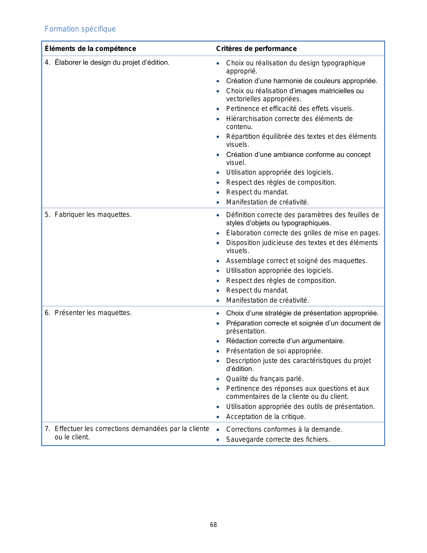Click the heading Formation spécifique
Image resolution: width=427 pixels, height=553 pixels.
pos(80,29)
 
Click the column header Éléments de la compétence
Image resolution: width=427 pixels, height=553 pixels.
pos(90,49)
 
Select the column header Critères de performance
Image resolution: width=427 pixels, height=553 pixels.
pos(256,49)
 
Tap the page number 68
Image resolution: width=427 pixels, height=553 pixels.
pos(213,525)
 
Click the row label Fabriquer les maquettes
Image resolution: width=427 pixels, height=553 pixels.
pos(93,214)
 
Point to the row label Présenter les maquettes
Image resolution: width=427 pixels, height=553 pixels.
pos(93,313)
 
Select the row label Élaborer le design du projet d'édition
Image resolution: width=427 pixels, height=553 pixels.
pos(112,62)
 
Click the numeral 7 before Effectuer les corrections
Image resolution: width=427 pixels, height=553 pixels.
pos(47,429)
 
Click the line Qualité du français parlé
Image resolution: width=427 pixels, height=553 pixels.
pos(265,379)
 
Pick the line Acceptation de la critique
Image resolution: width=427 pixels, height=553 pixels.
pos(266,417)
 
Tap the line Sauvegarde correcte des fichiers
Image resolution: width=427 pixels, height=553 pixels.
pos(278,439)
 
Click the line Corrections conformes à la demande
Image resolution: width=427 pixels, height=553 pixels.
pos(284,429)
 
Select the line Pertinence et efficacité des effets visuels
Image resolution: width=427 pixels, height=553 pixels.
pos(290,109)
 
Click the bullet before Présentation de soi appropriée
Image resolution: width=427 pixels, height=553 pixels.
pos(218,351)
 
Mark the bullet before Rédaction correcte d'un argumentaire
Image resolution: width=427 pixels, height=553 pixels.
pos(218,341)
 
